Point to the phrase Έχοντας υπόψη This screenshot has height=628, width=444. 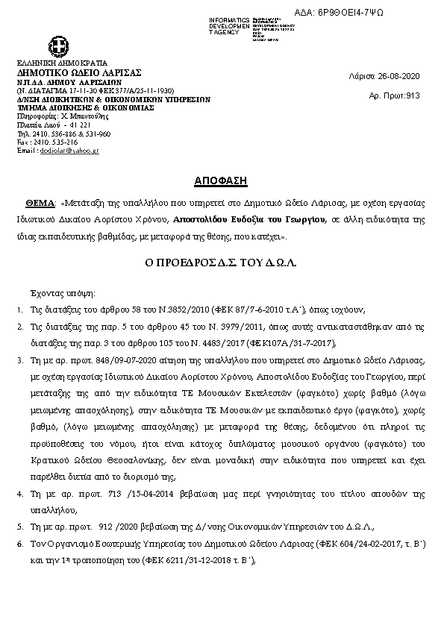click(x=62, y=293)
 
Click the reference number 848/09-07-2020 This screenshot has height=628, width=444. click(x=101, y=359)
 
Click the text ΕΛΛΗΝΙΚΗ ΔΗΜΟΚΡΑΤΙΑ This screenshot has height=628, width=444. click(x=62, y=63)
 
